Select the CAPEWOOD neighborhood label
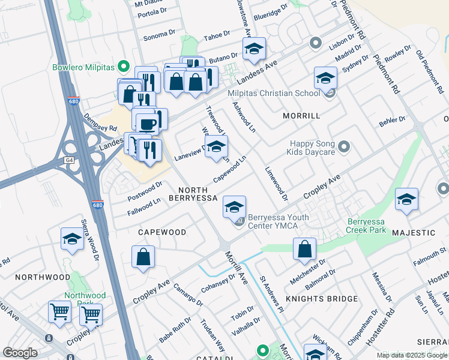coord(161,232)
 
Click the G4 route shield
coord(69,160)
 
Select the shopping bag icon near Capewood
coord(144,257)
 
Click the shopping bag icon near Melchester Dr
coord(305,248)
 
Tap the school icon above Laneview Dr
coord(217,146)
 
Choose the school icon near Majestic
coord(406,199)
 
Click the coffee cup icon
coord(147,124)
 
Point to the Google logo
coord(20,353)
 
